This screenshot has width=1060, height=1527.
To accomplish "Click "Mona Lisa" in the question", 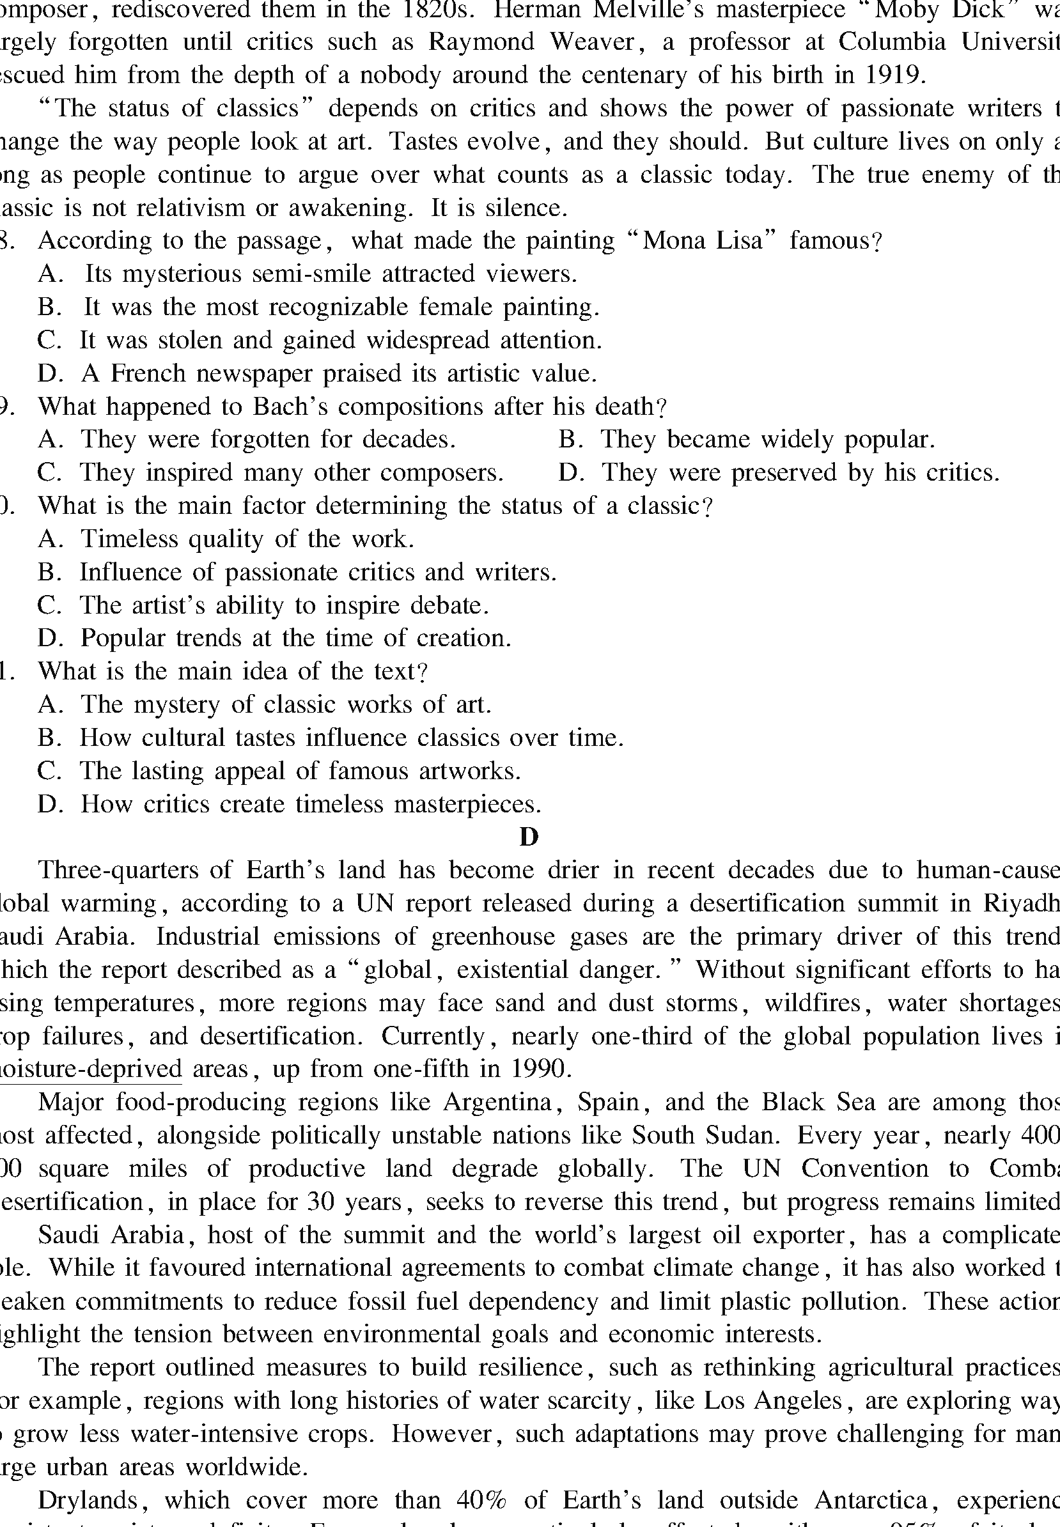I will [x=703, y=240].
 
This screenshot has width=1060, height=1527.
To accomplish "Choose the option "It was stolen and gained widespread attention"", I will [x=340, y=340].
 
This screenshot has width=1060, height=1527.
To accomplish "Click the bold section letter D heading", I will [x=529, y=837].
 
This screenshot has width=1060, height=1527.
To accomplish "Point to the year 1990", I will [x=539, y=1069].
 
